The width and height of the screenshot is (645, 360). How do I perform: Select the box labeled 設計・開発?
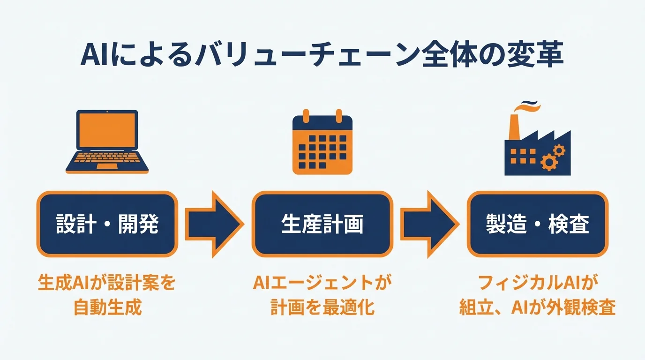pos(107,224)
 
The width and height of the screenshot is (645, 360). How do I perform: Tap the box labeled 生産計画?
pos(322,224)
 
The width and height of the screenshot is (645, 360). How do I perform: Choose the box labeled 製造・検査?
pos(537,224)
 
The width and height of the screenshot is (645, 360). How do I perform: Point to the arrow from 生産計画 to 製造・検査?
pos(429,224)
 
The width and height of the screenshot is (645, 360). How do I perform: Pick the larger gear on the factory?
pos(547,163)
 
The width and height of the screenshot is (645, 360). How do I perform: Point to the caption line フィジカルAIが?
pos(537,284)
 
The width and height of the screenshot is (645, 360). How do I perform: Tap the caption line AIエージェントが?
pos(322,284)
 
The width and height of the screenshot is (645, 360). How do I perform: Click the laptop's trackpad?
pos(107,166)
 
